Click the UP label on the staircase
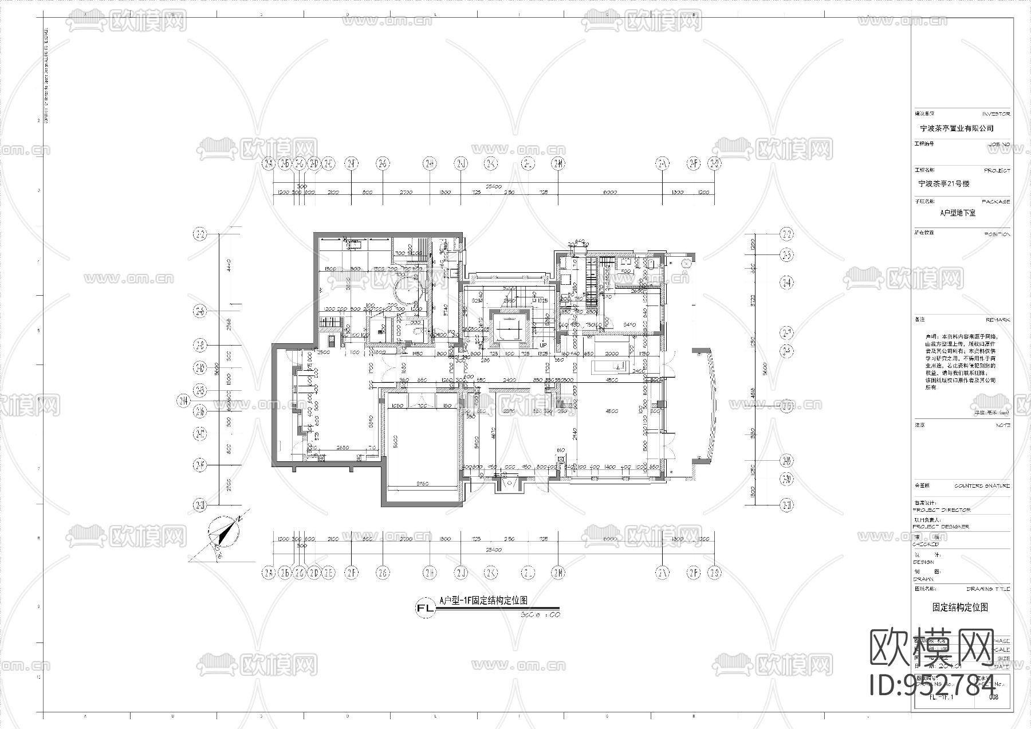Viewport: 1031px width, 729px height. [542, 345]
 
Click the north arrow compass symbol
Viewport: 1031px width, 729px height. [223, 533]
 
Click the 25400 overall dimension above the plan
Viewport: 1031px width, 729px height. [493, 186]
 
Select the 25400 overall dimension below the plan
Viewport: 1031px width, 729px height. [493, 550]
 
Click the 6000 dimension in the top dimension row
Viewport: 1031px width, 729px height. [609, 192]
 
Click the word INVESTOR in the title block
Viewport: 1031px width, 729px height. [996, 114]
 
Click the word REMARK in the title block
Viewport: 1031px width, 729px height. [997, 320]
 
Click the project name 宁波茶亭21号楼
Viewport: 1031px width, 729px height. [943, 184]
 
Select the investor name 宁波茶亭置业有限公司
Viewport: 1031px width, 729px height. [956, 129]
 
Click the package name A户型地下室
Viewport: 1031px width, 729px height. [958, 213]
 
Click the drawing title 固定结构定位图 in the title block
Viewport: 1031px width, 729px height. [959, 607]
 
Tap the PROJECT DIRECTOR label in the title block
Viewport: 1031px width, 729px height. [941, 510]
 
